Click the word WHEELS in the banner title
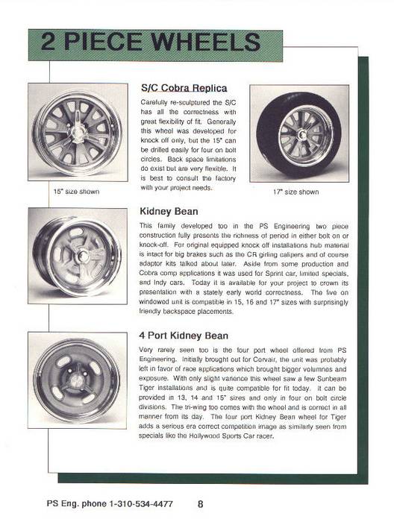(x=206, y=43)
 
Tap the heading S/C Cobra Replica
(x=184, y=88)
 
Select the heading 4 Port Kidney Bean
(x=184, y=336)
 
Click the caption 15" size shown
(x=76, y=192)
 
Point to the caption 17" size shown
(x=295, y=192)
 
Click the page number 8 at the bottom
(x=200, y=503)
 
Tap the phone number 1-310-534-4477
(x=141, y=503)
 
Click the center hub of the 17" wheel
(x=302, y=134)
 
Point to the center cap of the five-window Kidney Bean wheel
(x=83, y=256)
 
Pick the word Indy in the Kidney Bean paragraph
(x=160, y=283)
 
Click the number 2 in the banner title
(x=48, y=43)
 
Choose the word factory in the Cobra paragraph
(x=225, y=178)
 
